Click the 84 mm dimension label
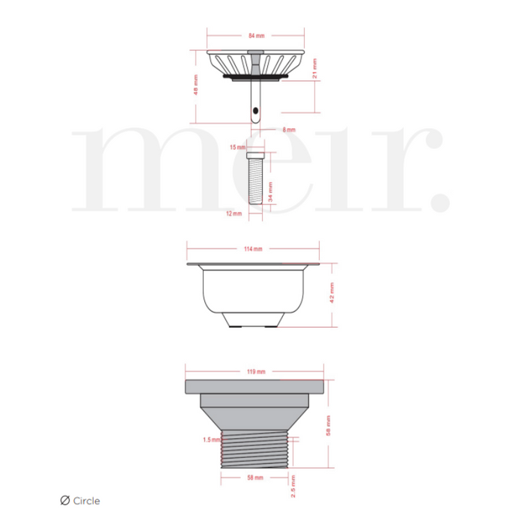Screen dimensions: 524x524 coord(256,35)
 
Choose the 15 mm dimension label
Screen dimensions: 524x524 coord(237,147)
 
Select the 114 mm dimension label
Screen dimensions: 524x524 coord(254,249)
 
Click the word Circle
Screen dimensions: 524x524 coord(86,502)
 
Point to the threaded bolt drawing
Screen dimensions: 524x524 coord(255,180)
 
